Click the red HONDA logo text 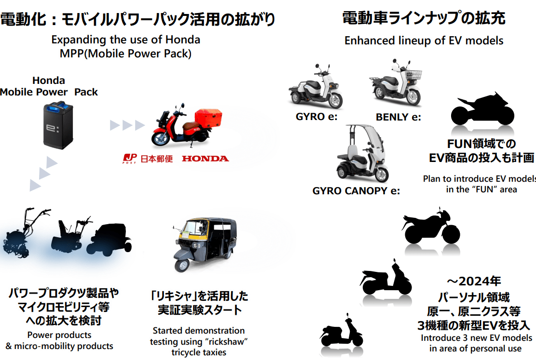click(x=205, y=159)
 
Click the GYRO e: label click(x=316, y=117)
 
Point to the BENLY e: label click(x=398, y=117)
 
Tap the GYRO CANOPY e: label click(x=356, y=190)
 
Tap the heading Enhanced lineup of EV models click(x=424, y=41)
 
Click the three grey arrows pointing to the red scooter click(x=127, y=126)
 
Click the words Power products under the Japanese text click(x=59, y=335)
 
